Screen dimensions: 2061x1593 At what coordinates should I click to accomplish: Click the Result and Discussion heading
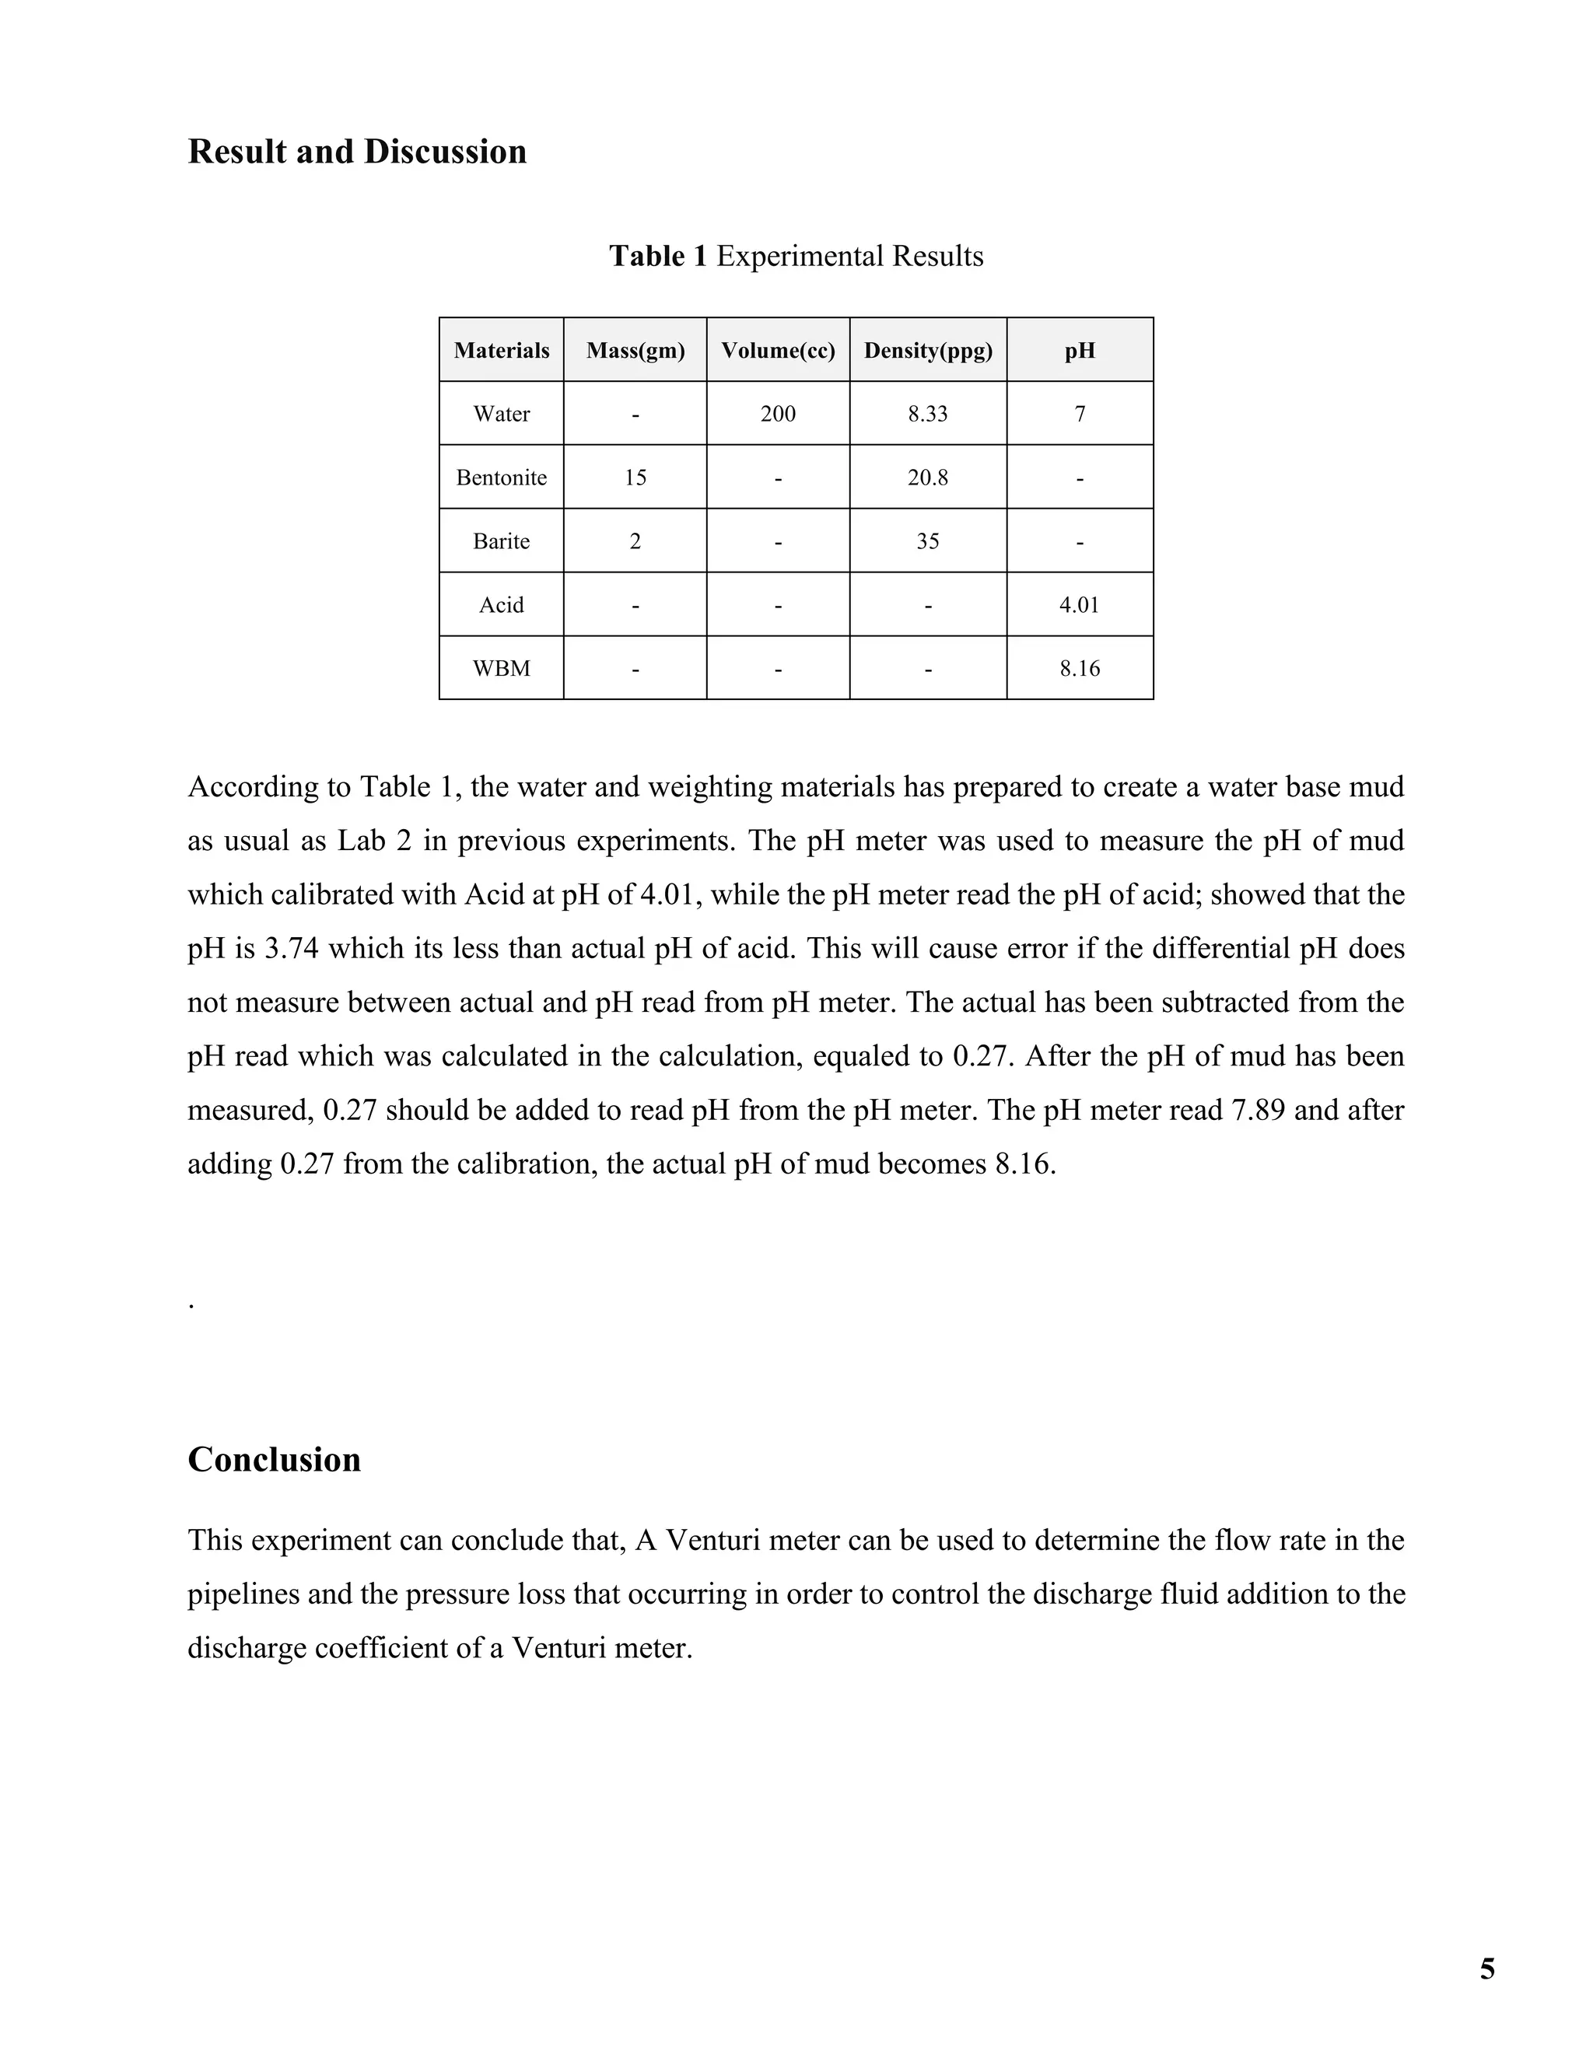(357, 152)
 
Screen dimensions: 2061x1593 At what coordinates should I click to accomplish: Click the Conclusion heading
(274, 1460)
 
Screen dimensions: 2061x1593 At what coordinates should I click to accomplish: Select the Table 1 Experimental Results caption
(796, 256)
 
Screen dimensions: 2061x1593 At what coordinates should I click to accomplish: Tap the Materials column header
(501, 350)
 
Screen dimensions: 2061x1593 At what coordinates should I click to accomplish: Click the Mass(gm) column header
(635, 350)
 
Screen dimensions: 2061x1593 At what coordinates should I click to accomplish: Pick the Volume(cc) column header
(778, 350)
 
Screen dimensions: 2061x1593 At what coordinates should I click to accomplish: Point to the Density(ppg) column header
(928, 350)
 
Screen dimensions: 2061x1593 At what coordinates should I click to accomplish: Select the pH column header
(1080, 350)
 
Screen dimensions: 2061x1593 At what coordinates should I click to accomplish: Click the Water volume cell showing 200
(778, 413)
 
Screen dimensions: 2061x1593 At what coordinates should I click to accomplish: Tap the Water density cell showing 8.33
(928, 413)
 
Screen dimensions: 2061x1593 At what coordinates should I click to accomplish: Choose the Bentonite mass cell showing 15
(635, 478)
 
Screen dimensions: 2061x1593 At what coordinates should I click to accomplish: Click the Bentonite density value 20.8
(928, 478)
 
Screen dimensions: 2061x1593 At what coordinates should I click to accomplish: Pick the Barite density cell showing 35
(928, 541)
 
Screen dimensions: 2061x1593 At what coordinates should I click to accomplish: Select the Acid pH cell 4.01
(1080, 605)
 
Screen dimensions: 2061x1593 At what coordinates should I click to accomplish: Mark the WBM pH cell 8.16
(1080, 668)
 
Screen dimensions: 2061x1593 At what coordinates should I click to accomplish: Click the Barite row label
(501, 541)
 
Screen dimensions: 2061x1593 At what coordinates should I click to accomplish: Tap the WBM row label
(501, 668)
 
